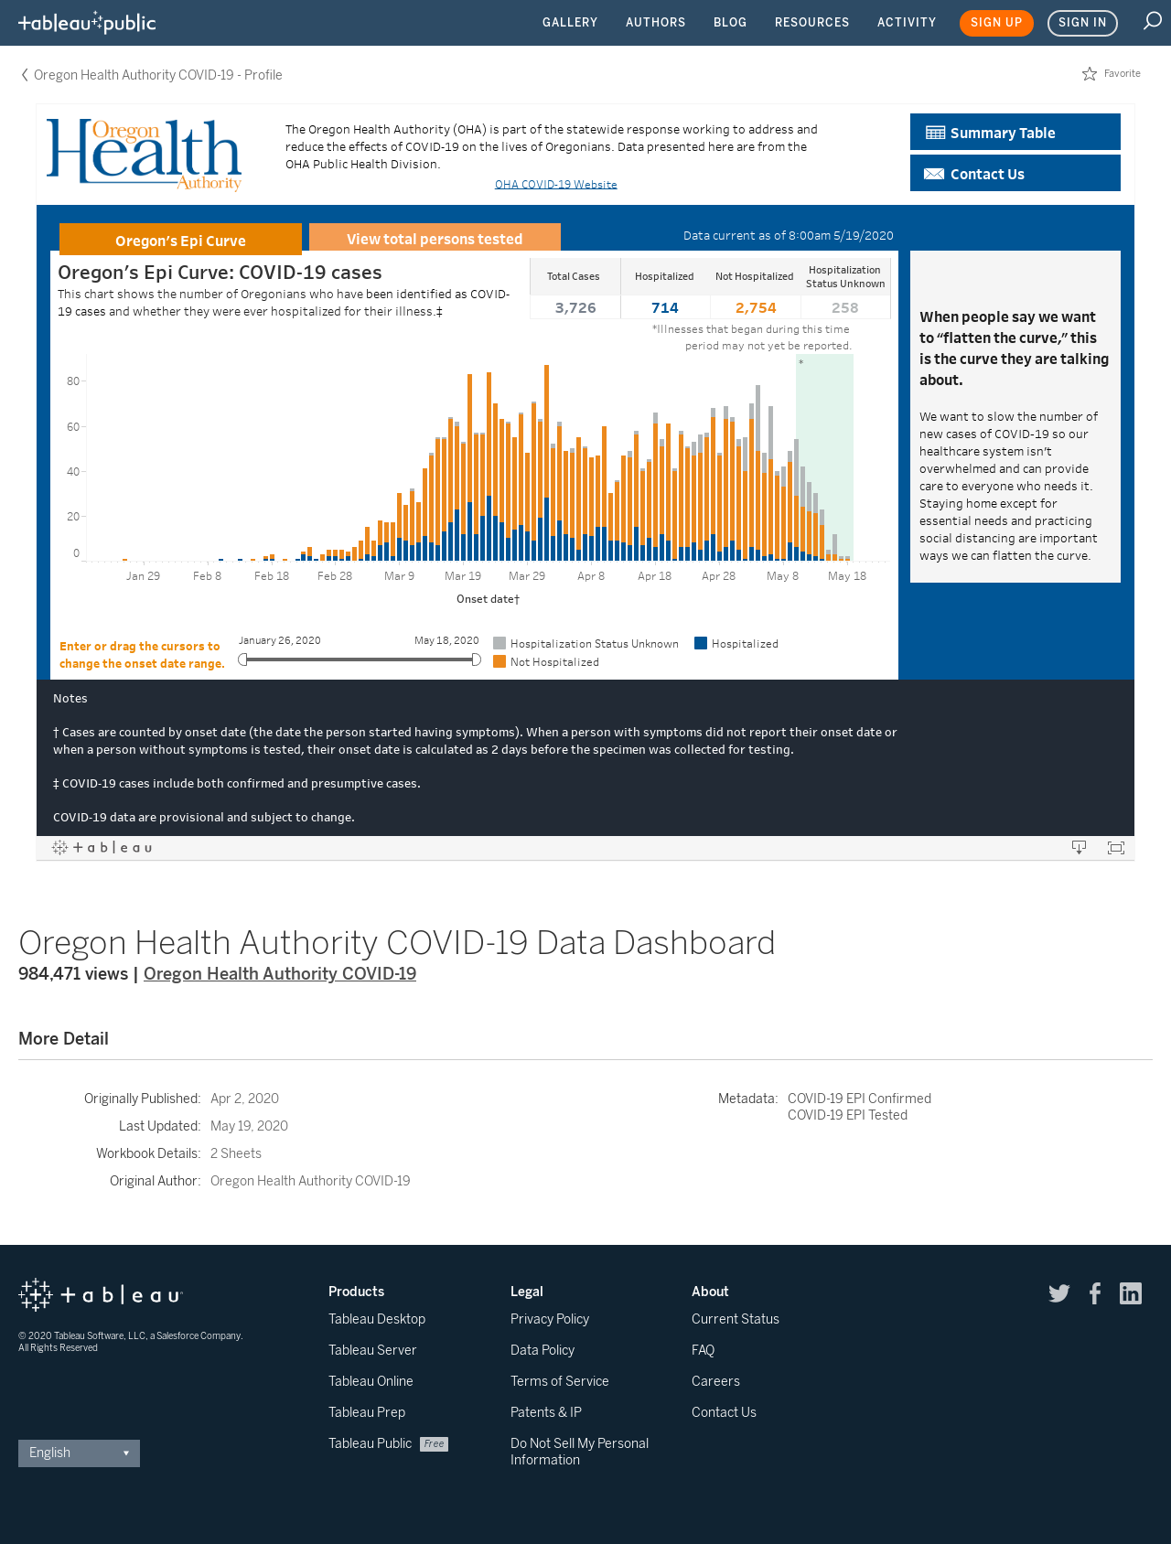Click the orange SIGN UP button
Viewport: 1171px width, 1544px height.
coord(996,23)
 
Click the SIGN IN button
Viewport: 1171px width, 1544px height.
coord(1082,23)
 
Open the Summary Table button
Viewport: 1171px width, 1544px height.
coord(1015,132)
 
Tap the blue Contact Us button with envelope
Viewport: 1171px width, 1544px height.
coord(1015,173)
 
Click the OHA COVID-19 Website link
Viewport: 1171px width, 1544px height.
coord(556,185)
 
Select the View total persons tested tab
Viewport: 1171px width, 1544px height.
coord(435,238)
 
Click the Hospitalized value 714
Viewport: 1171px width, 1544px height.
coord(665,308)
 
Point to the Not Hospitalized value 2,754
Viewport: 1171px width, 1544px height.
coord(756,308)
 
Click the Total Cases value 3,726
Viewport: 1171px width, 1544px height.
coord(575,308)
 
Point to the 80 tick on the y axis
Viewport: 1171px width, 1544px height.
coord(73,381)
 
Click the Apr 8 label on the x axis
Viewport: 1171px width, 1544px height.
coord(591,576)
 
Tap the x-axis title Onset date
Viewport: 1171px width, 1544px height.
coord(488,599)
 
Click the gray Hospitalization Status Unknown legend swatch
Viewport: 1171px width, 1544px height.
coord(500,643)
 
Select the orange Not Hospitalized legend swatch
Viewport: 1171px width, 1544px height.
coord(500,661)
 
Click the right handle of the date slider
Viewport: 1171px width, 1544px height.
coord(476,659)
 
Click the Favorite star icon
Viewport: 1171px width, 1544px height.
coord(1090,74)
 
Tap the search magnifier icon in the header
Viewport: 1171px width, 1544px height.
coord(1152,21)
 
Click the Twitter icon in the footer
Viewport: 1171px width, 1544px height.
coord(1059,1293)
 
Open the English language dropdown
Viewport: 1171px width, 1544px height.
coord(79,1453)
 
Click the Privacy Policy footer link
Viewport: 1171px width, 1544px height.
coord(550,1319)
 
